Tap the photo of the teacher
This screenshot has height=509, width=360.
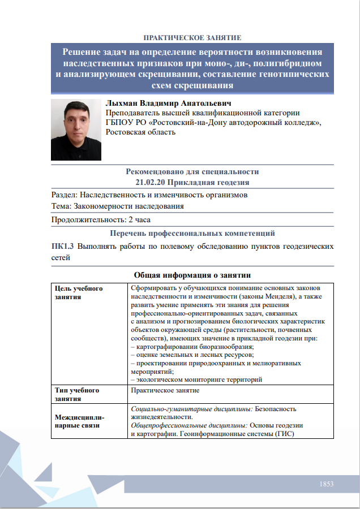[x=76, y=130]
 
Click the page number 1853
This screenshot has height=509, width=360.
[x=327, y=484]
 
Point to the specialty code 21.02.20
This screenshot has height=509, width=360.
[x=153, y=183]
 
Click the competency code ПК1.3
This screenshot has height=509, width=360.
[x=62, y=247]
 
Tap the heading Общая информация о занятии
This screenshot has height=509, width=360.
[x=192, y=275]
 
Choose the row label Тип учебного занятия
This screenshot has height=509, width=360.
[x=77, y=394]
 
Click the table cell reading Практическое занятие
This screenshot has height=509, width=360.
[x=165, y=390]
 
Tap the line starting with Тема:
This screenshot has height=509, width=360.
[x=117, y=206]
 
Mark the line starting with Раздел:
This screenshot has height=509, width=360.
[x=149, y=195]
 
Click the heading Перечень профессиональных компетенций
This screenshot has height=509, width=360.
[x=192, y=233]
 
